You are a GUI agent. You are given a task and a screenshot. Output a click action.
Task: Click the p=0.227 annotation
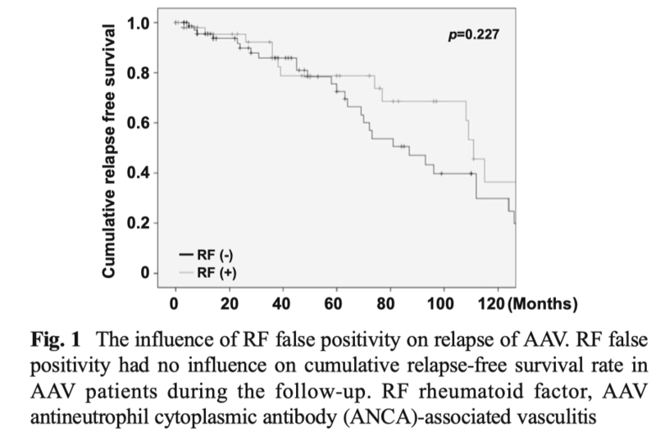tap(474, 34)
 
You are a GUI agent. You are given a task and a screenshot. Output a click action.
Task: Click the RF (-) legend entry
tap(207, 255)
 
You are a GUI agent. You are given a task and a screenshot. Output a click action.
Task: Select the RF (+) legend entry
tap(208, 273)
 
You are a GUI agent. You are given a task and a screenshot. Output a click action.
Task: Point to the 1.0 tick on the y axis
tap(138, 24)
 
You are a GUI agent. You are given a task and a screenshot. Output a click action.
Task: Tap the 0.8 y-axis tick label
tap(138, 73)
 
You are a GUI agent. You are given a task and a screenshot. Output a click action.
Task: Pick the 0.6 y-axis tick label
tap(138, 123)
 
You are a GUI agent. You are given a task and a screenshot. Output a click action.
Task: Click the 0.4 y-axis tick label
tap(138, 173)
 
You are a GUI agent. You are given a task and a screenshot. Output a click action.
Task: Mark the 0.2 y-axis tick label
tap(138, 223)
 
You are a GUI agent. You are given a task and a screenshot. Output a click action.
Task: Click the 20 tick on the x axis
tap(230, 303)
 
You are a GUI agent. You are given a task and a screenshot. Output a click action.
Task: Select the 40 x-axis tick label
tap(281, 303)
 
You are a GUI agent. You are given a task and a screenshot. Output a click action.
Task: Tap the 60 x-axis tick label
tap(333, 303)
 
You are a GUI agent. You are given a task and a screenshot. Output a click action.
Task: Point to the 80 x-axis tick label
tap(385, 303)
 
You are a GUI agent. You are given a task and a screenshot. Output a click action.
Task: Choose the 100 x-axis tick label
tap(440, 303)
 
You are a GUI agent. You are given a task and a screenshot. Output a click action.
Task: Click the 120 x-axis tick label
tap(491, 303)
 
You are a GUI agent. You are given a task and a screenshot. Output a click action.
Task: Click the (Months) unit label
tap(543, 303)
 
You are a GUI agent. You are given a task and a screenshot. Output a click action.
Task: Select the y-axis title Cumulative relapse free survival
tap(108, 151)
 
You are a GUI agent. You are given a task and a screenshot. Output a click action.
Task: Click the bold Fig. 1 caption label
tap(55, 339)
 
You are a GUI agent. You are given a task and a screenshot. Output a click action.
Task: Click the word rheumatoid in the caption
tap(469, 391)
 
